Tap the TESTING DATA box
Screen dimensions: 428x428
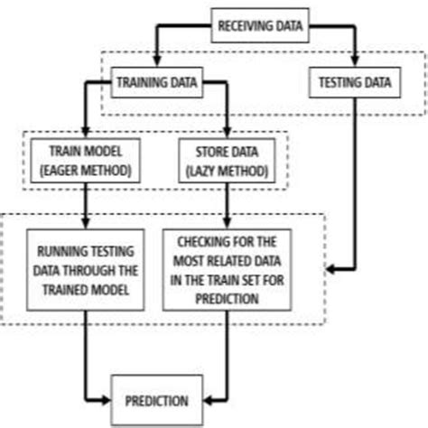click(355, 84)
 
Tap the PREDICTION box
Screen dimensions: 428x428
click(157, 399)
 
